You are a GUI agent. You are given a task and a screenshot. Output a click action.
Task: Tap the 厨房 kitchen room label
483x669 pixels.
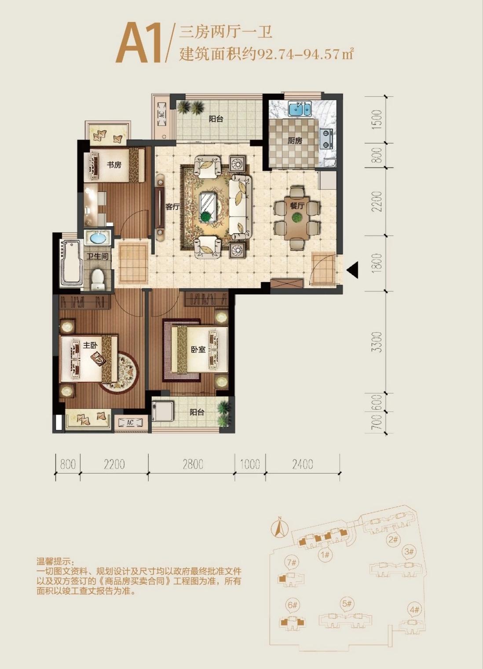click(295, 141)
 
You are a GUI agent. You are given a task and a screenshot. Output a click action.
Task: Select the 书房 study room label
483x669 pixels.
click(114, 165)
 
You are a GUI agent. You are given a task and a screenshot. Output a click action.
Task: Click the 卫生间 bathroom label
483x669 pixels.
click(97, 257)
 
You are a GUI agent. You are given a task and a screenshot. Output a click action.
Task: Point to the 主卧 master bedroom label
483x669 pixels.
click(90, 346)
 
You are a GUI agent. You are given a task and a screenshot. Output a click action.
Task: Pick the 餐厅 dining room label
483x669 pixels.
click(297, 206)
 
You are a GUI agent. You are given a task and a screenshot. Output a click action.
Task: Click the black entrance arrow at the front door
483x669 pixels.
click(352, 270)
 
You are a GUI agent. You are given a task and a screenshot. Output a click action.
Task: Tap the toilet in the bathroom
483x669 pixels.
click(98, 279)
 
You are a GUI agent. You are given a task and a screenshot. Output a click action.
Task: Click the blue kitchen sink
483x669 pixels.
click(300, 109)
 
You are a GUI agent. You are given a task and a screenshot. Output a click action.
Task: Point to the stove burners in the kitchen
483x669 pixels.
click(326, 138)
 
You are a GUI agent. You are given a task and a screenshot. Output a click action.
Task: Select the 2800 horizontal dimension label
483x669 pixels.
click(193, 464)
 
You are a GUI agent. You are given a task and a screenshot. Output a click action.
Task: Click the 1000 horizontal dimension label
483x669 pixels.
click(249, 464)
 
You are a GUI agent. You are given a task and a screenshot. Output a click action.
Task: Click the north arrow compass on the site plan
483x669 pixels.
click(278, 527)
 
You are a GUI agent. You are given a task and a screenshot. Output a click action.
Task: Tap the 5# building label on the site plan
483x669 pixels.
click(347, 603)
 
